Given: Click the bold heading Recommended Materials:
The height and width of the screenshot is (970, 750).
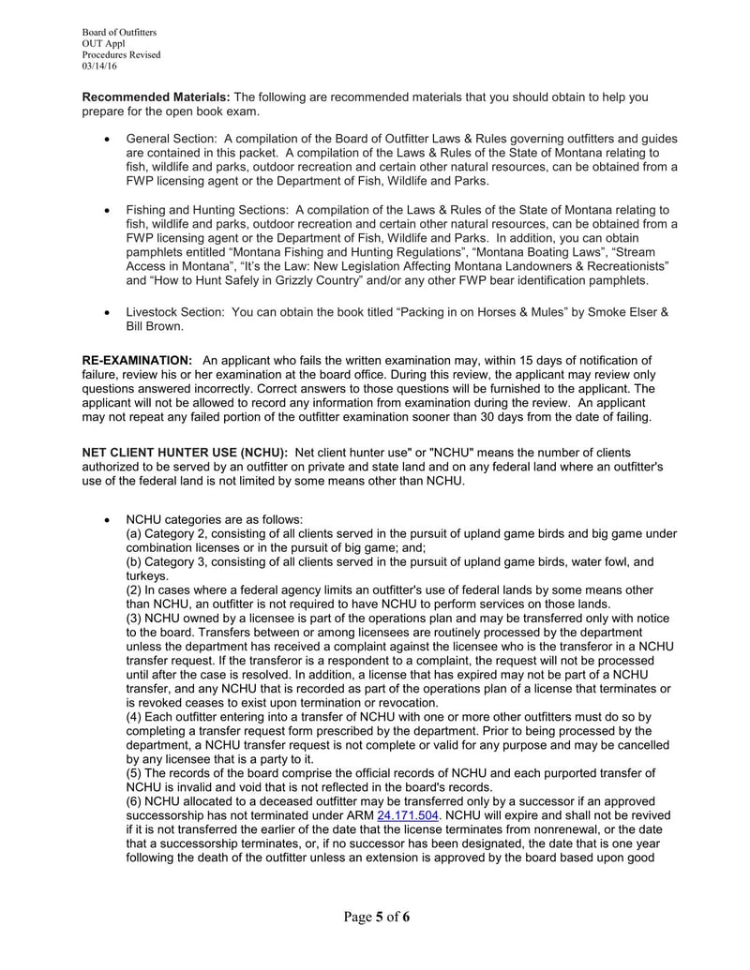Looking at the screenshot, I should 156,97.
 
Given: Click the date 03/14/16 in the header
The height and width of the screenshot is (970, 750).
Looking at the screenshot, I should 99,67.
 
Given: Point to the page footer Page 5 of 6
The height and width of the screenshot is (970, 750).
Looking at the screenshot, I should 375,918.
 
